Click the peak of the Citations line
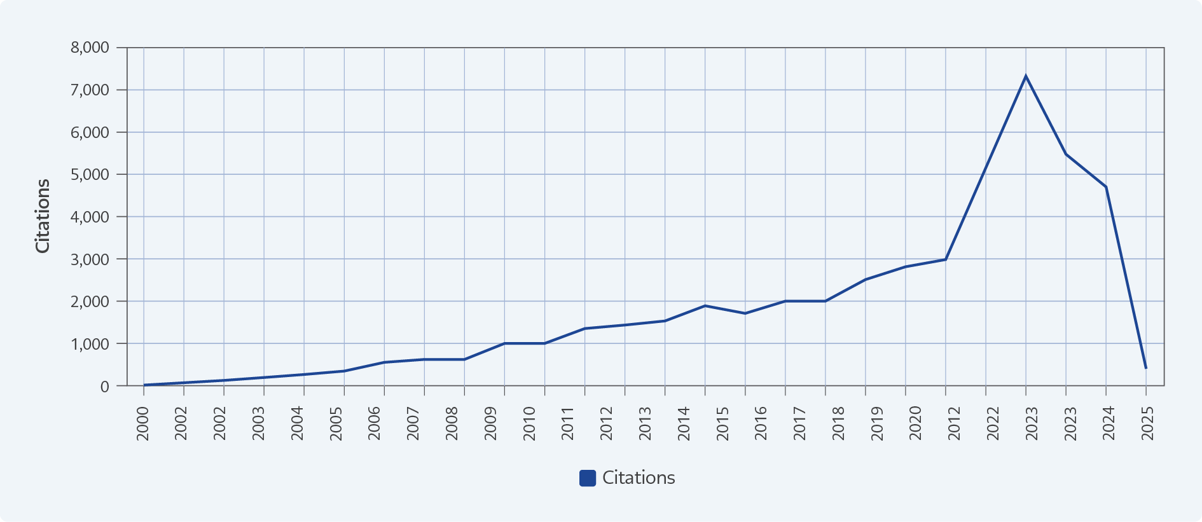(x=1025, y=76)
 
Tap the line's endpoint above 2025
(x=1145, y=368)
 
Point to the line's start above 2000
(x=144, y=385)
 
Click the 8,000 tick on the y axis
(x=90, y=48)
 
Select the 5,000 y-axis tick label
(x=90, y=174)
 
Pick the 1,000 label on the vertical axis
(x=90, y=344)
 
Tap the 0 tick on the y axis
(x=105, y=386)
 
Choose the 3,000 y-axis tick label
(x=90, y=259)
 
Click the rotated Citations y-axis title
(x=43, y=216)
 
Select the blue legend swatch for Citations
(x=587, y=478)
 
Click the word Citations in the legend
(x=639, y=478)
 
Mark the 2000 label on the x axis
(x=143, y=423)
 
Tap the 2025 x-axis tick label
(x=1147, y=423)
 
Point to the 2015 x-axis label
(x=722, y=423)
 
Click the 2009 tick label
(x=490, y=423)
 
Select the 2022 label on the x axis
(x=993, y=423)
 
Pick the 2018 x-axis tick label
(x=838, y=423)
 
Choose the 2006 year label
(x=375, y=423)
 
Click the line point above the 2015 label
(x=705, y=306)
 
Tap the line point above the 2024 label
(x=1106, y=187)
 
